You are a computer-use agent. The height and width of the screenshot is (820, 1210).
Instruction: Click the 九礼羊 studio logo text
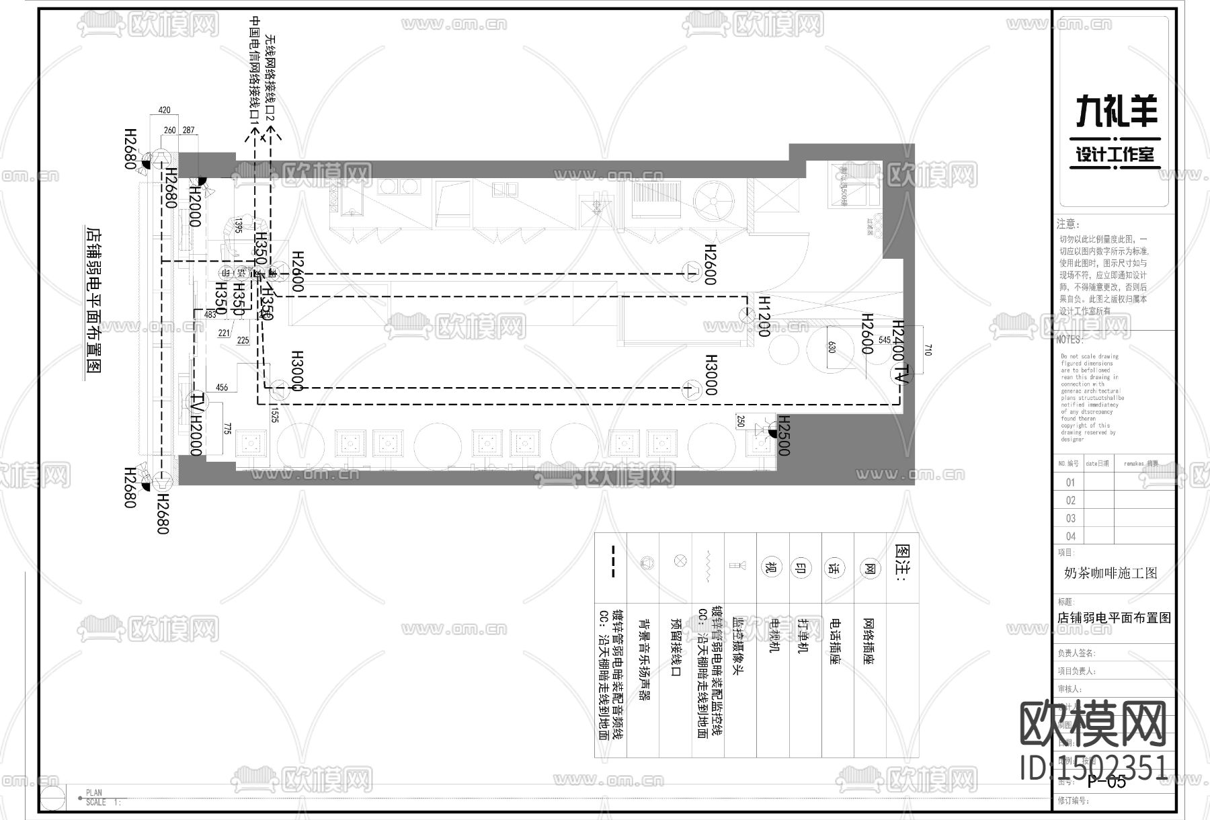(1117, 111)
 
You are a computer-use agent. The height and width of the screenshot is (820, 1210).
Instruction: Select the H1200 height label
(764, 316)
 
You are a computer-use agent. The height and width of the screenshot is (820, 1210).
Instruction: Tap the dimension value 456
(221, 387)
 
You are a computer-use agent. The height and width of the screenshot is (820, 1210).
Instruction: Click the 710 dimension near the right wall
(928, 349)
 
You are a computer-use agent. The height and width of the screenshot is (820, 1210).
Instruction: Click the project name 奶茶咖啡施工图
(1111, 574)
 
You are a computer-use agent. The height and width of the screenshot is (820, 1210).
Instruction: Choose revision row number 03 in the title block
(1070, 518)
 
